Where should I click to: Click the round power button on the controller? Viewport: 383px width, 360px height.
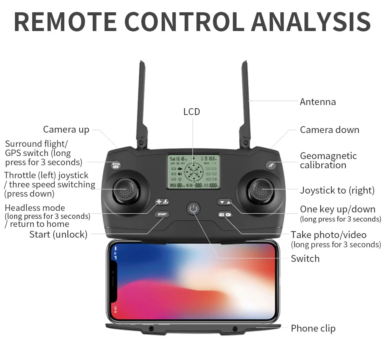pos(193,209)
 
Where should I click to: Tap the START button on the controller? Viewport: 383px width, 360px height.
pos(162,214)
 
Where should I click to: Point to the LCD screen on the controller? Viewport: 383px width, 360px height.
pos(193,172)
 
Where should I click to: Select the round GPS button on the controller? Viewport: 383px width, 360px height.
pos(115,165)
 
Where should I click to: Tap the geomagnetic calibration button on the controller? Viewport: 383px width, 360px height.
pos(271,165)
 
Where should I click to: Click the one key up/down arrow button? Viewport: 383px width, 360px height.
pos(225,202)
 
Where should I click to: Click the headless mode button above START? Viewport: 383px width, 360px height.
pos(162,202)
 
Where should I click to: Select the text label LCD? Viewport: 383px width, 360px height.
pos(191,112)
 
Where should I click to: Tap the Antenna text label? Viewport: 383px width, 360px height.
pos(318,102)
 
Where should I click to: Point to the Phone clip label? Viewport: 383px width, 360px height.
pos(313,328)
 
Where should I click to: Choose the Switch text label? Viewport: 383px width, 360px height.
pos(305,258)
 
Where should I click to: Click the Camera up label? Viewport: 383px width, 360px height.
pos(66,130)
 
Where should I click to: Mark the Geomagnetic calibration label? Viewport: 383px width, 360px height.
pos(328,161)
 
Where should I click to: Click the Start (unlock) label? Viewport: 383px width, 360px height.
pos(58,234)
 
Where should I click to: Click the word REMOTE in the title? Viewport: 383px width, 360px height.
pos(65,22)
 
